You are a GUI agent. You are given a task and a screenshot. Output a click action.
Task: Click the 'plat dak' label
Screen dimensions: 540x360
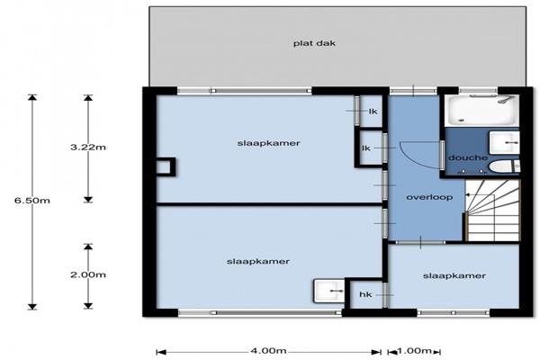tap(314, 44)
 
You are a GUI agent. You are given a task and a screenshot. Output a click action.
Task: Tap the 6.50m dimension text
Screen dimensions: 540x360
tap(32, 201)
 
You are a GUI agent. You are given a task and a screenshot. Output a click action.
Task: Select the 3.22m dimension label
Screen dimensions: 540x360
tap(88, 148)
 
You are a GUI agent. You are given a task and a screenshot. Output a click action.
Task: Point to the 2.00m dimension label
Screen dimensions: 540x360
tap(88, 274)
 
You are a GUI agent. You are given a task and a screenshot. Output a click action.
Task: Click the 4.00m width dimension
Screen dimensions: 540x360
tap(268, 351)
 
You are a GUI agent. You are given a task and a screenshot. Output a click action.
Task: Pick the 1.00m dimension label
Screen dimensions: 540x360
tap(415, 351)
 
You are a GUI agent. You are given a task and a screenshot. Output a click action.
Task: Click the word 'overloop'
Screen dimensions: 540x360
tap(429, 197)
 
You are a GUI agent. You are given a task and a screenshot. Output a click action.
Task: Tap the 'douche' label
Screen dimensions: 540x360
tap(468, 157)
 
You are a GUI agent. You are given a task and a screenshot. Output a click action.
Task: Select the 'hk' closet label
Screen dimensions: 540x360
tap(365, 294)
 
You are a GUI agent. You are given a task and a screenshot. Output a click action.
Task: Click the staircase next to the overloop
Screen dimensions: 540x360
tap(492, 211)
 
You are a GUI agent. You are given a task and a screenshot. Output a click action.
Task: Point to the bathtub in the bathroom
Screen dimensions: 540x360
tap(481, 110)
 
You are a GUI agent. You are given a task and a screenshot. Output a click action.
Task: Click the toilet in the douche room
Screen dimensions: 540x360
tap(504, 167)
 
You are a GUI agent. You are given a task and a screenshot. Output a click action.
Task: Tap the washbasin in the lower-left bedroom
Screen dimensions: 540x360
tap(328, 291)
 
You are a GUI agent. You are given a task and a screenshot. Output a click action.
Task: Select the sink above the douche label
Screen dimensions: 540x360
tap(504, 142)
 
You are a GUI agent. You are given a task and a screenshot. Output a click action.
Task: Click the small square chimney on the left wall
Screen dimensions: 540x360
tap(166, 167)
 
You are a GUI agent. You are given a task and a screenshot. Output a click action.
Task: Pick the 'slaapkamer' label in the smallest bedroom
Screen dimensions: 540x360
tap(454, 276)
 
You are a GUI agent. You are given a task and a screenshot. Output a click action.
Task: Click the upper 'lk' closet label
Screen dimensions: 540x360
tap(373, 112)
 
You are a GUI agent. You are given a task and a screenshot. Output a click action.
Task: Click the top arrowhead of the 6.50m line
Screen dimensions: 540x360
tap(32, 97)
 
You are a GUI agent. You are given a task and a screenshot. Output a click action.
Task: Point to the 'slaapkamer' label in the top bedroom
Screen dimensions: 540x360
tap(268, 143)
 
